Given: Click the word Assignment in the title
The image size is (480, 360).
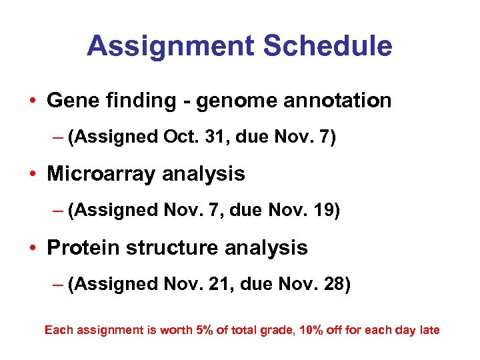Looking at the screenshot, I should coord(169,46).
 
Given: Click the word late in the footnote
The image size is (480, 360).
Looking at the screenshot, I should coord(429,330).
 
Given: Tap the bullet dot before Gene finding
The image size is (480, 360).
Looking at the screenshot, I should coord(33,101).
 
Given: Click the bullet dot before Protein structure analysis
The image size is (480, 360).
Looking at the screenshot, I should coord(33,248).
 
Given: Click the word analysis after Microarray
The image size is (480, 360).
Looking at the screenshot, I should coord(209,175).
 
